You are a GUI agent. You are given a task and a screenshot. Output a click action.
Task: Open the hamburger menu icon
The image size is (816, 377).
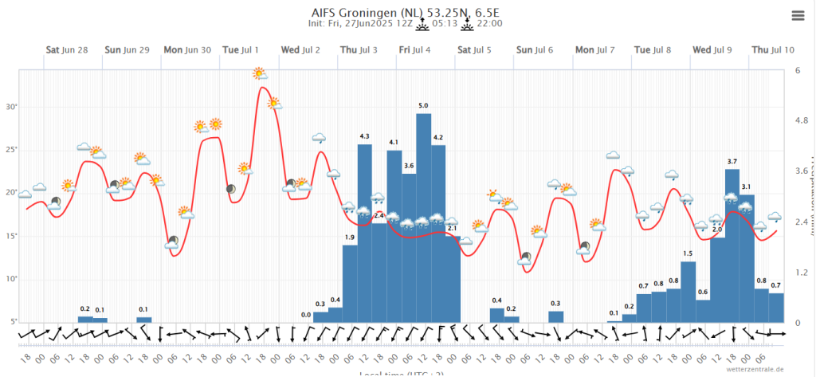click(x=798, y=15)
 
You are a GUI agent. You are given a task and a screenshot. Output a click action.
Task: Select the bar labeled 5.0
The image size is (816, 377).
click(x=424, y=218)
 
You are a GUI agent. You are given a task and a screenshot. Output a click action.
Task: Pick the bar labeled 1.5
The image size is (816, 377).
click(x=688, y=292)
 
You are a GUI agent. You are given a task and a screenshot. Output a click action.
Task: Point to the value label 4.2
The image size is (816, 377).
click(x=438, y=138)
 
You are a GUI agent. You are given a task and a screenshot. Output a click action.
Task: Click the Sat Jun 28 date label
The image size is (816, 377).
click(x=66, y=49)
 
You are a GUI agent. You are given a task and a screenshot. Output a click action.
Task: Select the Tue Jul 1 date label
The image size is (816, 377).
click(x=240, y=49)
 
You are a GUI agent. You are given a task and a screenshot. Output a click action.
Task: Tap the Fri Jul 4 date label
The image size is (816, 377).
click(x=415, y=49)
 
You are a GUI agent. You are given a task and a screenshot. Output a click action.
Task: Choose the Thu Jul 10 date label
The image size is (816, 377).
click(x=773, y=49)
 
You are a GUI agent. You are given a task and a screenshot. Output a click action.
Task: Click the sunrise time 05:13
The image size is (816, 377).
click(x=445, y=24)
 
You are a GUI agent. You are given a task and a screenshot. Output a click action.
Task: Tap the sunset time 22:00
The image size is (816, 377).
click(x=490, y=24)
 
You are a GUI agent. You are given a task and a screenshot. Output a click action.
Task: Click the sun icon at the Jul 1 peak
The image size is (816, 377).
click(x=260, y=74)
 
